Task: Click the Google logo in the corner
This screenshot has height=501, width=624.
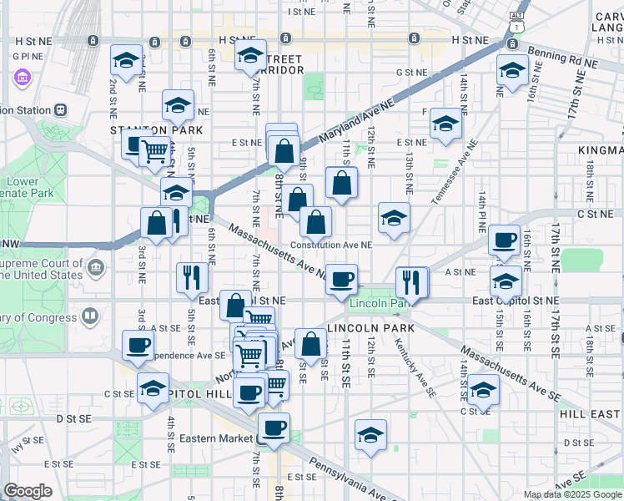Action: (28, 491)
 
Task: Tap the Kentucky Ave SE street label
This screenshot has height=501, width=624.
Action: (415, 367)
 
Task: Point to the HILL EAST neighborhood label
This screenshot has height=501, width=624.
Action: (590, 414)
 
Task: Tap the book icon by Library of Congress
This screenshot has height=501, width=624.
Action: (89, 316)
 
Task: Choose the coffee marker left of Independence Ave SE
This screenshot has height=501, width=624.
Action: (138, 344)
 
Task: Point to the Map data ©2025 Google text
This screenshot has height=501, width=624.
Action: (573, 494)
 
